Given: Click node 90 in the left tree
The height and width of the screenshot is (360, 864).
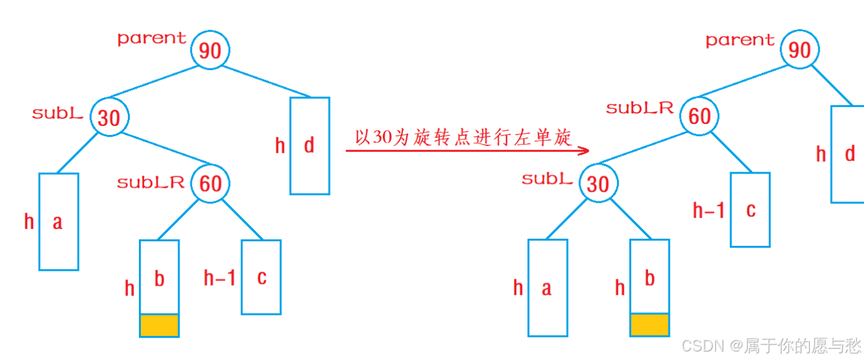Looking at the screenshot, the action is (210, 50).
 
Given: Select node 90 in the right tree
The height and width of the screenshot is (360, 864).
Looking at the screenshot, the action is (799, 50).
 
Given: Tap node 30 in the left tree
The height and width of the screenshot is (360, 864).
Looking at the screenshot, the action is (110, 117).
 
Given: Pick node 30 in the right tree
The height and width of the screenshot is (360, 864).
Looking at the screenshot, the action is (597, 184).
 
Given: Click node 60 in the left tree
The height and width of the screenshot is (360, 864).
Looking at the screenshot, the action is (211, 183).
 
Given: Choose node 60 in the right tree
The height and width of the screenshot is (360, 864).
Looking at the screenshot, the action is (700, 116).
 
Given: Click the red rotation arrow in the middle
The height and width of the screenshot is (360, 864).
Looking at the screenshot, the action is (467, 151).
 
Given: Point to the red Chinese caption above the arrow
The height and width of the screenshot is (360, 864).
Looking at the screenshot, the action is (463, 137).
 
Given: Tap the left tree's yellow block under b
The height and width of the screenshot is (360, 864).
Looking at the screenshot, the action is (159, 325).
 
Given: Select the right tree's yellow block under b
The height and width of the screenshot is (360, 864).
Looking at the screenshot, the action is (649, 324).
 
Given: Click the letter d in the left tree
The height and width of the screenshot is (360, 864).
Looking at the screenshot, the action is (309, 145).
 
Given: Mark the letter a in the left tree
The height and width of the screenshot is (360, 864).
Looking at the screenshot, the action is (57, 222).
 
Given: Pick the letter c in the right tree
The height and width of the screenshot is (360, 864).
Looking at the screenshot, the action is (751, 210).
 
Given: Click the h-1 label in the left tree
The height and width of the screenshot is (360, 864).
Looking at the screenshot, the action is (220, 278).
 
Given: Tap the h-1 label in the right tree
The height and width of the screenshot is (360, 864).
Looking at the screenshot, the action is (709, 210).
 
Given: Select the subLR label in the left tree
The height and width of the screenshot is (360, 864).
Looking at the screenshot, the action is (151, 183).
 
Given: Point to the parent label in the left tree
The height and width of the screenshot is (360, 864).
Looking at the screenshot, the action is (152, 38).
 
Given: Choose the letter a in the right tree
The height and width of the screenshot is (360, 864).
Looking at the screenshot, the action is (546, 288).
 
